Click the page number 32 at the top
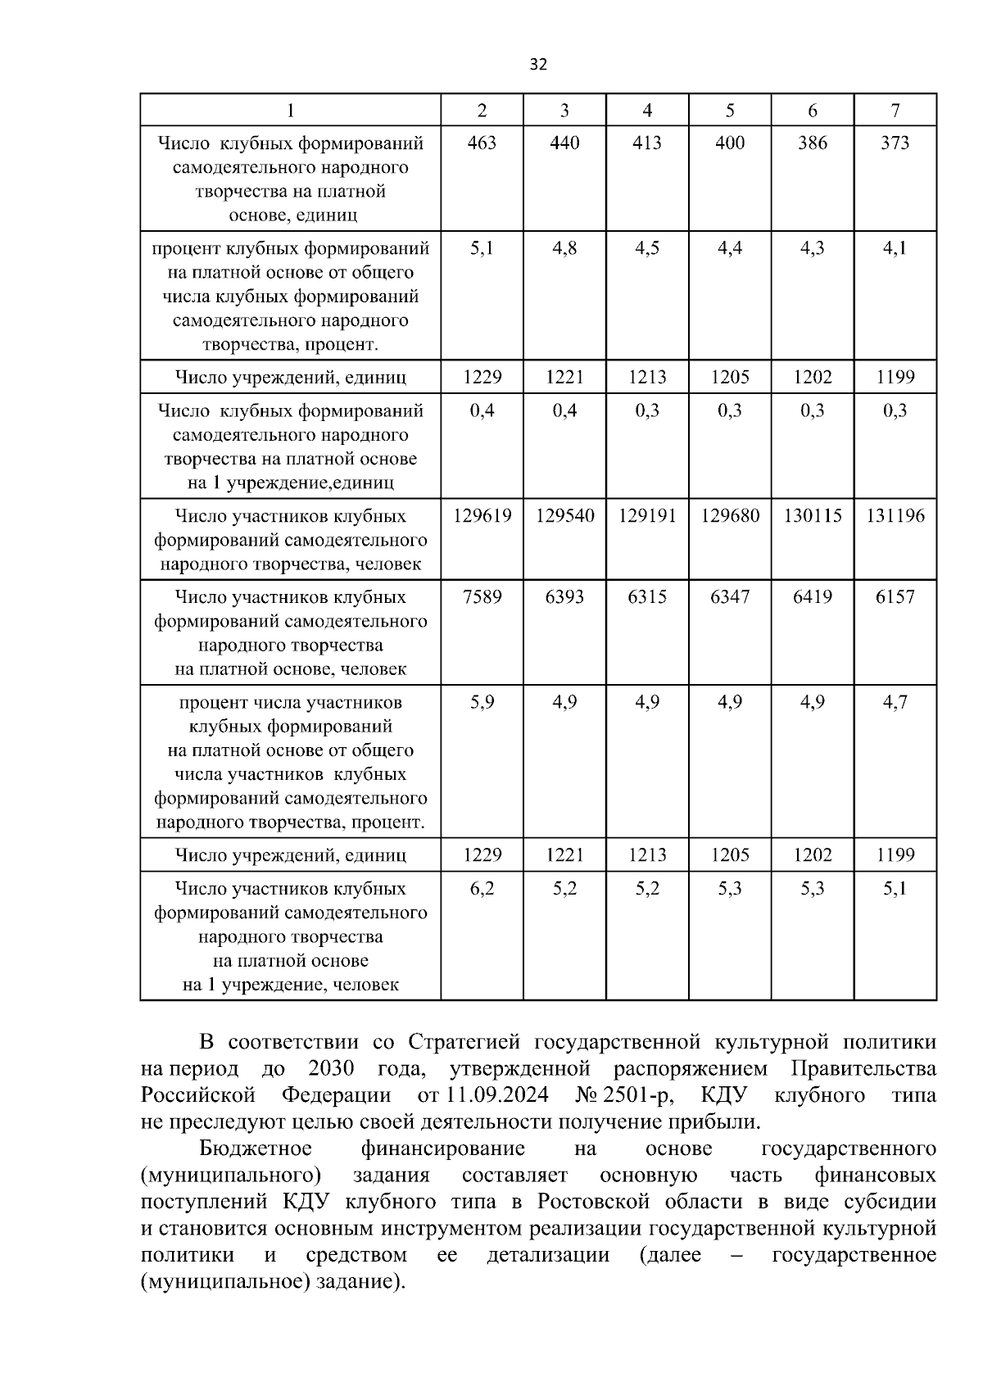click(538, 65)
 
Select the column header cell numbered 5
click(730, 111)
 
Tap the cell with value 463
click(482, 143)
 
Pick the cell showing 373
click(895, 143)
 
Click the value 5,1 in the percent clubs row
click(482, 248)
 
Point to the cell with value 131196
click(895, 516)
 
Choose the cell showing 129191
click(647, 516)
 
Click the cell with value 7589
click(482, 597)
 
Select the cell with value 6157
click(895, 597)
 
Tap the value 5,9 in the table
click(482, 702)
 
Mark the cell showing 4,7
click(895, 702)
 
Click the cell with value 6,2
click(482, 889)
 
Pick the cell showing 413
click(647, 143)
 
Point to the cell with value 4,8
click(564, 248)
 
